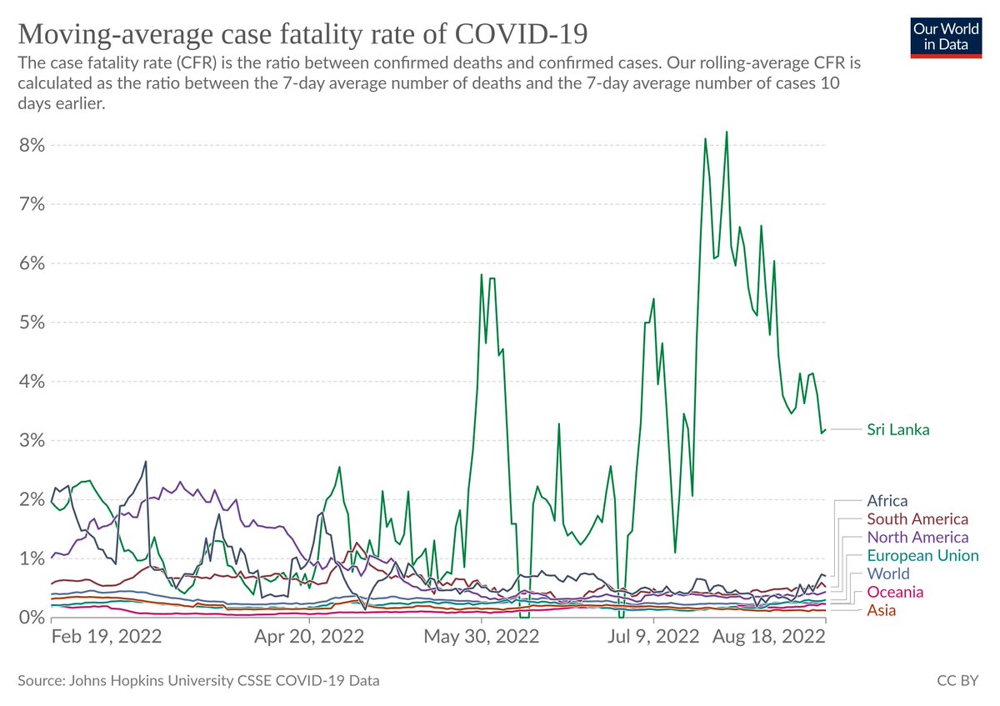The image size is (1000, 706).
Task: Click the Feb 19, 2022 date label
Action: click(106, 638)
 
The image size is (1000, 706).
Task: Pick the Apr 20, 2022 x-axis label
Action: click(309, 638)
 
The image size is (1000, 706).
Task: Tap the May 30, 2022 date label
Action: click(481, 638)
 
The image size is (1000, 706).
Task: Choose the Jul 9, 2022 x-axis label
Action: click(653, 638)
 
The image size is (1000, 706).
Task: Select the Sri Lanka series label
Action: click(898, 430)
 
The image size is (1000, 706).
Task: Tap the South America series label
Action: click(917, 520)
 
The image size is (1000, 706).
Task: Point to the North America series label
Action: click(917, 538)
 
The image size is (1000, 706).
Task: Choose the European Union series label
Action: click(922, 556)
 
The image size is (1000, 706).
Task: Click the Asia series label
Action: click(882, 610)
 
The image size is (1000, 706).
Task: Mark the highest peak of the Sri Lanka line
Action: click(727, 132)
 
